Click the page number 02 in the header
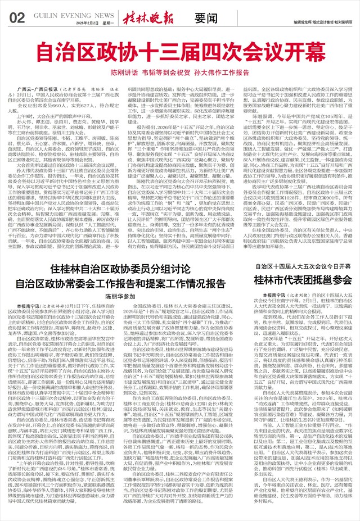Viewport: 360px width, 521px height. tap(17, 17)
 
